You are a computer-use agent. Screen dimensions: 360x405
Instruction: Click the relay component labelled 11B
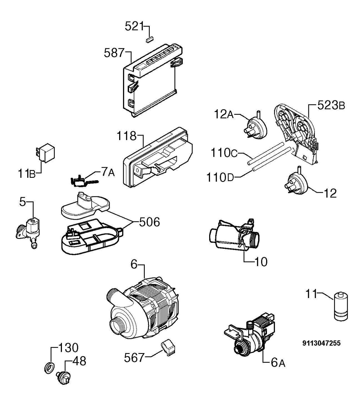[45, 153]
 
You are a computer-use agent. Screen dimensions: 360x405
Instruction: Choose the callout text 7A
[108, 172]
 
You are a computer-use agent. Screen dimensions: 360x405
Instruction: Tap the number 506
[149, 222]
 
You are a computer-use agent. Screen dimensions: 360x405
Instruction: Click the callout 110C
[224, 153]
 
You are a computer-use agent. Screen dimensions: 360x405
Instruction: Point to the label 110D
[220, 177]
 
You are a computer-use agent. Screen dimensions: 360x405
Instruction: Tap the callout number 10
[261, 262]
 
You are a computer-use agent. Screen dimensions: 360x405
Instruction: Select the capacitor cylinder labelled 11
[341, 309]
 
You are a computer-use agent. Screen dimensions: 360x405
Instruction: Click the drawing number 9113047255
[321, 343]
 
